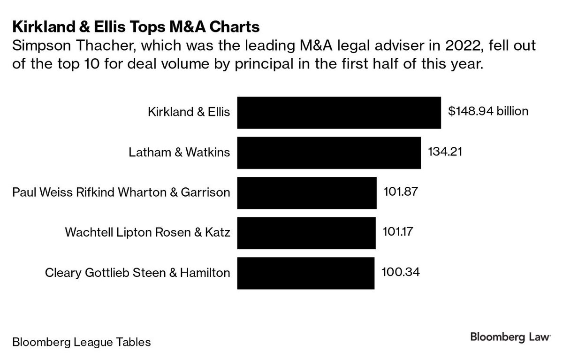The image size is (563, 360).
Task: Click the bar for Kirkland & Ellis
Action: point(339,113)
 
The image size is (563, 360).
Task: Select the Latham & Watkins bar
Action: point(329,153)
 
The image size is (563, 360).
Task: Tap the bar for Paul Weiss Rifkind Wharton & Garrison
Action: point(307,192)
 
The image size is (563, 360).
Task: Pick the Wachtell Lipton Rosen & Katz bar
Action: point(306,233)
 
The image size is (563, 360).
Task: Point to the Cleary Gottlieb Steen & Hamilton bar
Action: point(306,273)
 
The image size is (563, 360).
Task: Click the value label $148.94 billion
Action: point(488,112)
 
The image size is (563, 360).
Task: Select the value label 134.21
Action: point(445,152)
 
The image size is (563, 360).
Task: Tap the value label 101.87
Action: point(400,191)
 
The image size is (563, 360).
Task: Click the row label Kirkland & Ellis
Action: point(189,113)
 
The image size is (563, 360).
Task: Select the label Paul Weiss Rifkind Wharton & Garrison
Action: point(122,192)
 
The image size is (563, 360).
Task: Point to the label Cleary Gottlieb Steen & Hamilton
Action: point(137,273)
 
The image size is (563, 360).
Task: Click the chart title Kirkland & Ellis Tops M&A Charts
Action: point(136,27)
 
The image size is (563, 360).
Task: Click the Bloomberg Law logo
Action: point(510,338)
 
